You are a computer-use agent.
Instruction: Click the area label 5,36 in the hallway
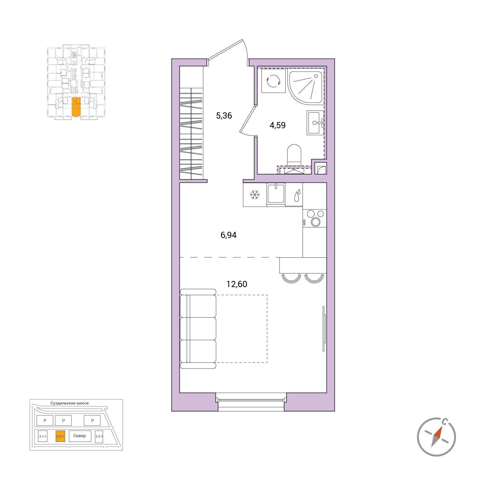point(224,115)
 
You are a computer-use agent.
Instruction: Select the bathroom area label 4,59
point(277,125)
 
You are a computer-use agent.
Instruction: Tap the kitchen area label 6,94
point(228,235)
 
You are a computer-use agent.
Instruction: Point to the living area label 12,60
point(237,284)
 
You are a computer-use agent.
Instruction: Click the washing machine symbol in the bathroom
point(273,81)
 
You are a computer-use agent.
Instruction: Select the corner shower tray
point(306,87)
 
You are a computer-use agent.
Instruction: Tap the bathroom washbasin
point(315,123)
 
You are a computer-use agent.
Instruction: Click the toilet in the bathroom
point(294,155)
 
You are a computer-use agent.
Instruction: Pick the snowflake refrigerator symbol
point(255,195)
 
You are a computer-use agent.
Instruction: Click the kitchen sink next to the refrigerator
point(276,194)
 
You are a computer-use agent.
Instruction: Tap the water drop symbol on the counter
point(297,195)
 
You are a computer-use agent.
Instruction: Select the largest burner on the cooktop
point(316,222)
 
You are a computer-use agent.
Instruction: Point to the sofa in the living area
point(198,329)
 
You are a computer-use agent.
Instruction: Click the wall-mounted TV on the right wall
point(324,329)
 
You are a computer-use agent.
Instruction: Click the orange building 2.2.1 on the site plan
point(60,436)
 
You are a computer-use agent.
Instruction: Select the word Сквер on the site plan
point(79,436)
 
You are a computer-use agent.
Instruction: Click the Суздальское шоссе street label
point(69,403)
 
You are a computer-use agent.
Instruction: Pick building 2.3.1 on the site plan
point(99,437)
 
